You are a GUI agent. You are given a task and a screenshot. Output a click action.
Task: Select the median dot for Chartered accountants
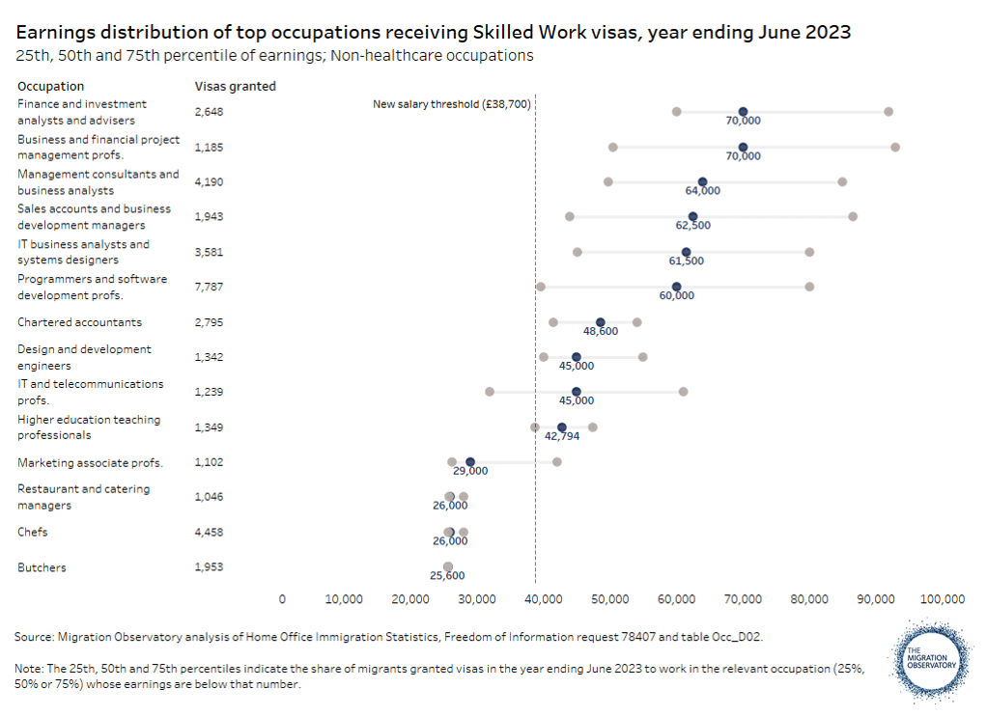pyautogui.click(x=601, y=322)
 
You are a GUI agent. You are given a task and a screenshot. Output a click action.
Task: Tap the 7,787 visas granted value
pyautogui.click(x=210, y=287)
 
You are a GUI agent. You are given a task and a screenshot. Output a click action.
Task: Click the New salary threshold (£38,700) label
pyautogui.click(x=452, y=103)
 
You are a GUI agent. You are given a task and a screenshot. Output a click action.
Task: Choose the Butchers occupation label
pyautogui.click(x=42, y=567)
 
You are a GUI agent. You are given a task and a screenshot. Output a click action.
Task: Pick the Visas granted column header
pyautogui.click(x=236, y=86)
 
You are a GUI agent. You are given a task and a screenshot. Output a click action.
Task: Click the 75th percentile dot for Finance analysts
pyautogui.click(x=888, y=112)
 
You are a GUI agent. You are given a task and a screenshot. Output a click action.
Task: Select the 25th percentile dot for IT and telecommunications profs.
pyautogui.click(x=490, y=392)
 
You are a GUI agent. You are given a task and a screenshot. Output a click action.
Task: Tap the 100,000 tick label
pyautogui.click(x=942, y=598)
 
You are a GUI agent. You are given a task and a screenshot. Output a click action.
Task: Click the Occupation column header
pyautogui.click(x=50, y=86)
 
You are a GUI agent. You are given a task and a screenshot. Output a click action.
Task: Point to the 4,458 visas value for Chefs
pyautogui.click(x=210, y=532)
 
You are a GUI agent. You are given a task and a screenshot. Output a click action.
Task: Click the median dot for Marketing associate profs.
pyautogui.click(x=470, y=462)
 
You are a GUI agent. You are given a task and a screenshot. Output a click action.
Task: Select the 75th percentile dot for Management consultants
pyautogui.click(x=842, y=181)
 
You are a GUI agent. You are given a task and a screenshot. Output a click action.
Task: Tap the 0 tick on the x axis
pyautogui.click(x=282, y=598)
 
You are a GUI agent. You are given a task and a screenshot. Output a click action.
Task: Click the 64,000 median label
pyautogui.click(x=703, y=191)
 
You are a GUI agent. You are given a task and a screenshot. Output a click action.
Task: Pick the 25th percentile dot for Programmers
pyautogui.click(x=541, y=287)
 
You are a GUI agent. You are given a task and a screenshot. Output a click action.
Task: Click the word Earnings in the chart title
pyautogui.click(x=56, y=33)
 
